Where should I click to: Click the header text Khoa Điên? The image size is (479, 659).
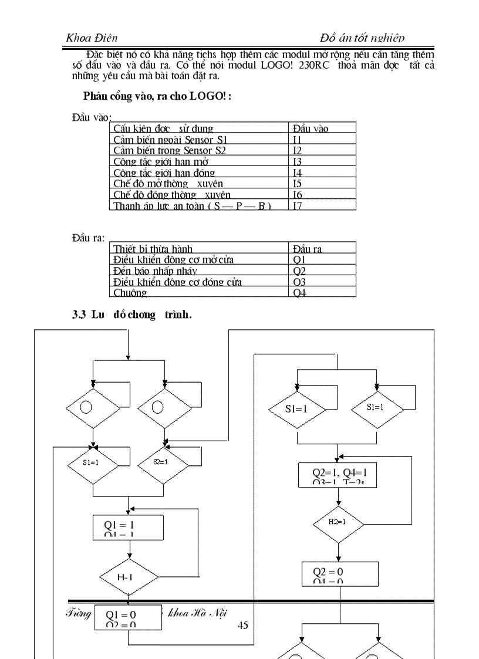point(92,38)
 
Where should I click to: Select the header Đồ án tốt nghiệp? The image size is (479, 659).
point(362,38)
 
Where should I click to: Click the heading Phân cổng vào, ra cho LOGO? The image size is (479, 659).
point(157,96)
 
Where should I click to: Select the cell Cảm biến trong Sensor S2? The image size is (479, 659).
point(170,150)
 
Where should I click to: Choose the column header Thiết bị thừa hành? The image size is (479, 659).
point(153,249)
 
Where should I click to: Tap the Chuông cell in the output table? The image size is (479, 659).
point(130,292)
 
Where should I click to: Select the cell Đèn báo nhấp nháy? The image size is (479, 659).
point(155,271)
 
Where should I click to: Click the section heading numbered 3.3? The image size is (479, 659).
point(131,315)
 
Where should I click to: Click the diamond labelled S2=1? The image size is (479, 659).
point(162,462)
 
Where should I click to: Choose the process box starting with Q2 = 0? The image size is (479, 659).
point(340,574)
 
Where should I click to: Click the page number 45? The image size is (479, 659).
point(242,626)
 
